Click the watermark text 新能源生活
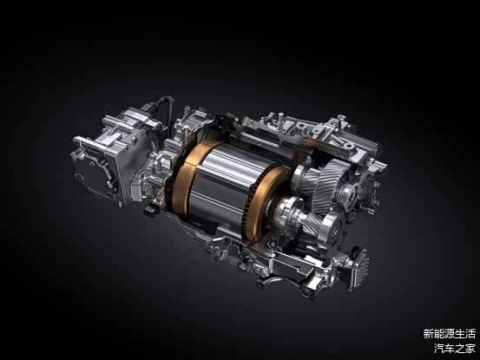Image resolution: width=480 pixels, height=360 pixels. point(449,333)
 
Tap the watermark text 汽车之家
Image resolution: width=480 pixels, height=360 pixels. point(454,348)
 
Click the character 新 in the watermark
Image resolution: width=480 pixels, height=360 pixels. point(428,333)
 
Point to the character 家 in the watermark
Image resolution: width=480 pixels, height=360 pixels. point(470,348)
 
